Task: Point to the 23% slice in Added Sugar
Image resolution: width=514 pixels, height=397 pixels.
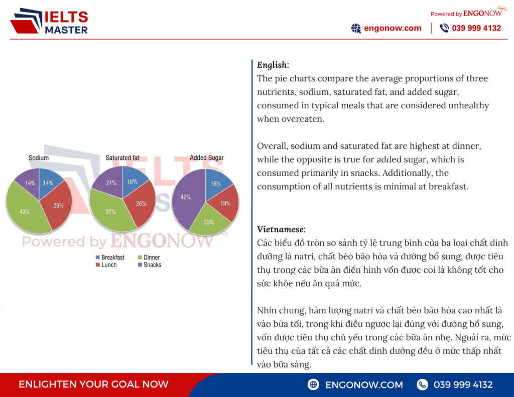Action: click(208, 222)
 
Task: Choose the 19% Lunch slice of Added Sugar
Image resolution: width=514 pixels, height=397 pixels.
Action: click(225, 203)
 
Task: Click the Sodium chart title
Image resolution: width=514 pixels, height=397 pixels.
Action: click(39, 158)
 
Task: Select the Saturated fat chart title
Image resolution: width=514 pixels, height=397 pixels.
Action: click(122, 158)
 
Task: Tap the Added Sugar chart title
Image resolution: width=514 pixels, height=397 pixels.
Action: click(206, 158)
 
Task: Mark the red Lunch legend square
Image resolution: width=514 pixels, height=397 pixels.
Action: click(97, 265)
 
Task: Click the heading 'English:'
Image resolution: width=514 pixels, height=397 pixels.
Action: click(273, 65)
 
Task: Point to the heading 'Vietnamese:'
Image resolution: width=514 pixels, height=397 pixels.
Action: click(281, 229)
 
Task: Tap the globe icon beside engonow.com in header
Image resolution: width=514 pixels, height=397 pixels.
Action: click(356, 28)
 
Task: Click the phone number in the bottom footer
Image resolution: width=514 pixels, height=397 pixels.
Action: click(463, 384)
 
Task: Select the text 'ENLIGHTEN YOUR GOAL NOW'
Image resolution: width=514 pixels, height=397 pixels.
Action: click(93, 384)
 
